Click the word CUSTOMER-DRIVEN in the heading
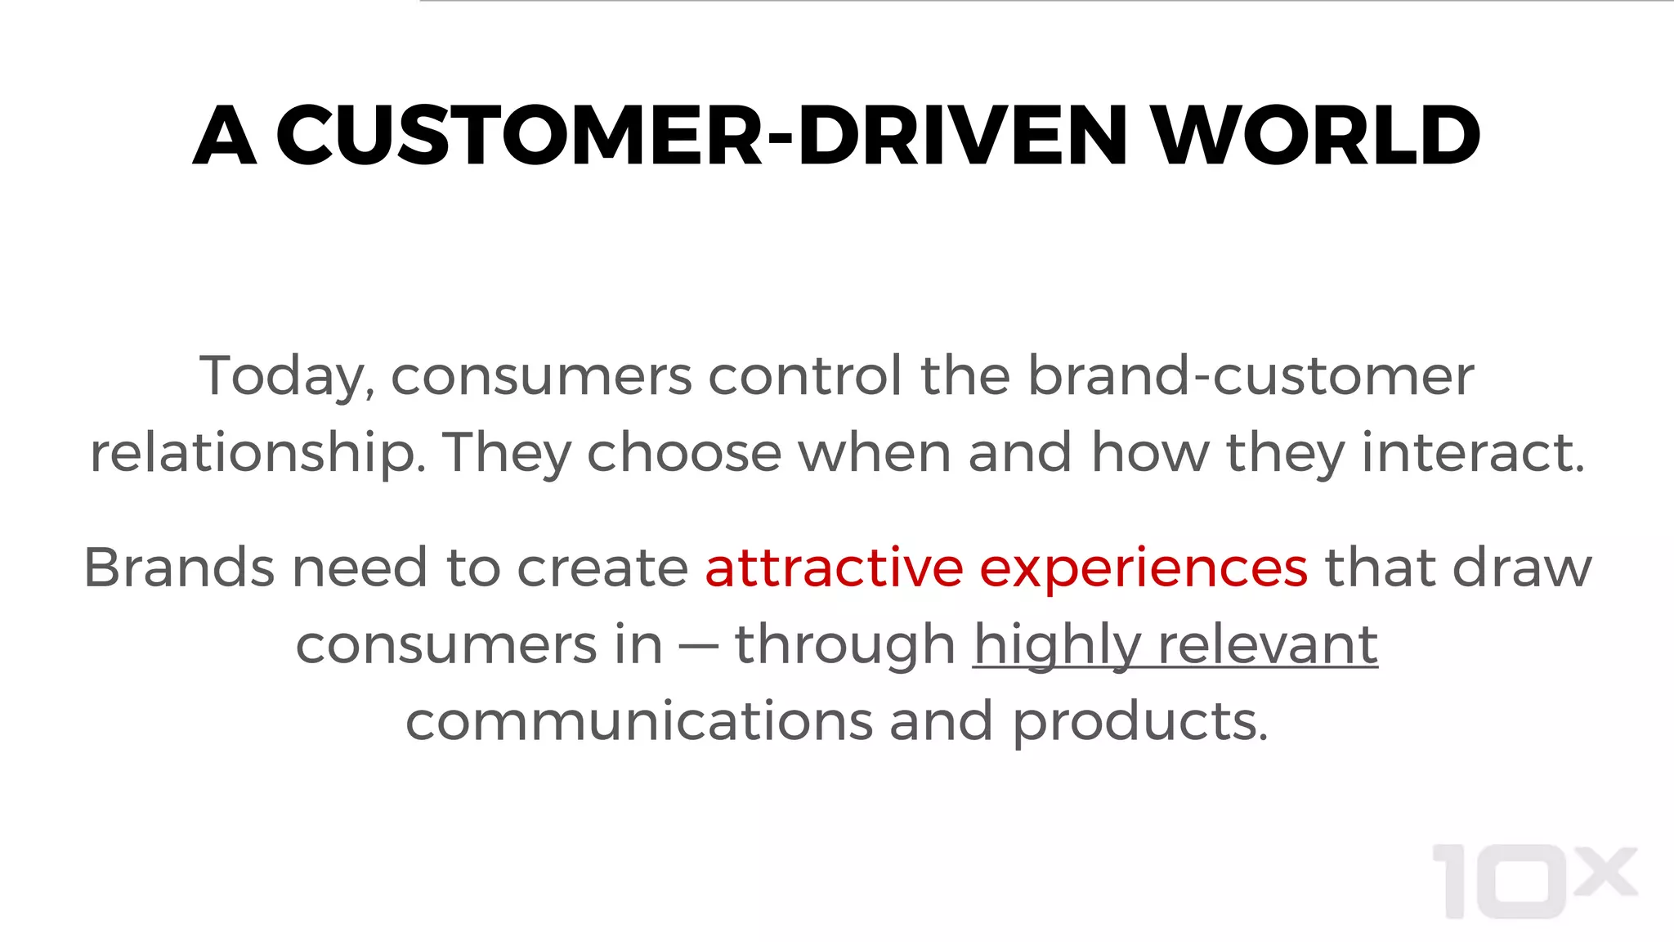(701, 136)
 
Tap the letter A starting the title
(225, 136)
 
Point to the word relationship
(257, 454)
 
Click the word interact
(1473, 452)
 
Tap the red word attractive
(834, 567)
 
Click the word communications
(639, 721)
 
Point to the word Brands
(179, 567)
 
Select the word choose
(684, 452)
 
